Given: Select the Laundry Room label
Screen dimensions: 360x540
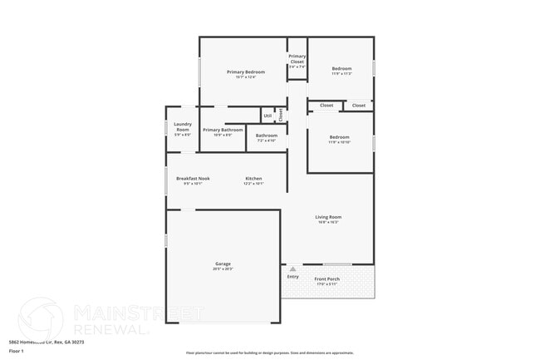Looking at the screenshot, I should pyautogui.click(x=183, y=127).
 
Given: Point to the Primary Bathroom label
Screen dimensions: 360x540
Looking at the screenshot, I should pyautogui.click(x=223, y=130).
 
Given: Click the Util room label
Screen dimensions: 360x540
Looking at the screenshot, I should pyautogui.click(x=268, y=116).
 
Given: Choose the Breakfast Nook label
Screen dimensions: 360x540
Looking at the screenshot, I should pyautogui.click(x=193, y=178).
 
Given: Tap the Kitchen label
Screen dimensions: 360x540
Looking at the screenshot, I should pyautogui.click(x=253, y=178).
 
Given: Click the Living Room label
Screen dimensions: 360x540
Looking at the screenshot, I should pyautogui.click(x=328, y=217).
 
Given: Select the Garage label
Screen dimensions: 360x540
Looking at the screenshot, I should pyautogui.click(x=223, y=264).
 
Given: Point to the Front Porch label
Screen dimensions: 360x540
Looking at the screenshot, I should pyautogui.click(x=326, y=279).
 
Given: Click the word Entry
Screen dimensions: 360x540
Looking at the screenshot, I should pyautogui.click(x=292, y=276).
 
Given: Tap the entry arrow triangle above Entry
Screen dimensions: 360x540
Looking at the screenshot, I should pyautogui.click(x=292, y=269).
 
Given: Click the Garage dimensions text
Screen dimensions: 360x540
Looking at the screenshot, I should pyautogui.click(x=223, y=269).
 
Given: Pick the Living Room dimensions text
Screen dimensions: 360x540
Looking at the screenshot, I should pyautogui.click(x=328, y=223).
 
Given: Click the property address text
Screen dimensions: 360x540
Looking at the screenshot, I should pyautogui.click(x=46, y=342).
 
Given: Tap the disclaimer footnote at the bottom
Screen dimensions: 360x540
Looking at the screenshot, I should pyautogui.click(x=269, y=353).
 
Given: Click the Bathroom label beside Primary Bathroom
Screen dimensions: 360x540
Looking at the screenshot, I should pyautogui.click(x=267, y=136).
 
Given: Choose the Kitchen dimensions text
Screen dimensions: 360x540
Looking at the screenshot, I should pyautogui.click(x=253, y=184).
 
